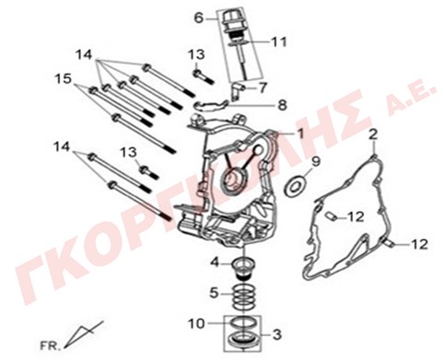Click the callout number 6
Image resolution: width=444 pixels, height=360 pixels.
[x=199, y=18]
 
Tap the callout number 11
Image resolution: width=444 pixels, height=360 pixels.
[x=279, y=41]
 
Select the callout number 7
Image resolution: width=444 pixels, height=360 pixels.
[x=263, y=88]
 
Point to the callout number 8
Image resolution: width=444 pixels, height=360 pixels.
[x=282, y=105]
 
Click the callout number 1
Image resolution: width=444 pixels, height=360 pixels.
[x=301, y=134]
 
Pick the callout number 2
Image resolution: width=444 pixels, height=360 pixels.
[x=373, y=135]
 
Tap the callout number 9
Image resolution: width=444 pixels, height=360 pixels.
[x=316, y=161]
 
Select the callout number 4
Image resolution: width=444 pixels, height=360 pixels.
[x=216, y=262]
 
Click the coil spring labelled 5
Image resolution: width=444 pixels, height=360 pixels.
[x=243, y=296]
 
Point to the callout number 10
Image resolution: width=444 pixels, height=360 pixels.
[x=196, y=323]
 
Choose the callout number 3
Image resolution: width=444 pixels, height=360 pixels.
[x=277, y=335]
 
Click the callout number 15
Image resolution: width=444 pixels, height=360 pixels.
[x=64, y=78]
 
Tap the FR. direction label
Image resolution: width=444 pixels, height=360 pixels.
[x=49, y=346]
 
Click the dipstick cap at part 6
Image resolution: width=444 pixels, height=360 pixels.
[x=230, y=21]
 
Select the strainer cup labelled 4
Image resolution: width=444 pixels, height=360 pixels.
[x=243, y=268]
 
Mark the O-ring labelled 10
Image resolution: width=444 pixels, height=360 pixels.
[x=242, y=323]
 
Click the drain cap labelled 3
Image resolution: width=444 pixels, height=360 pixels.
[x=242, y=341]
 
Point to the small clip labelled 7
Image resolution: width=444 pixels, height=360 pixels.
[x=238, y=91]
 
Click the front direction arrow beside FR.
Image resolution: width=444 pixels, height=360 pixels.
[x=83, y=334]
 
